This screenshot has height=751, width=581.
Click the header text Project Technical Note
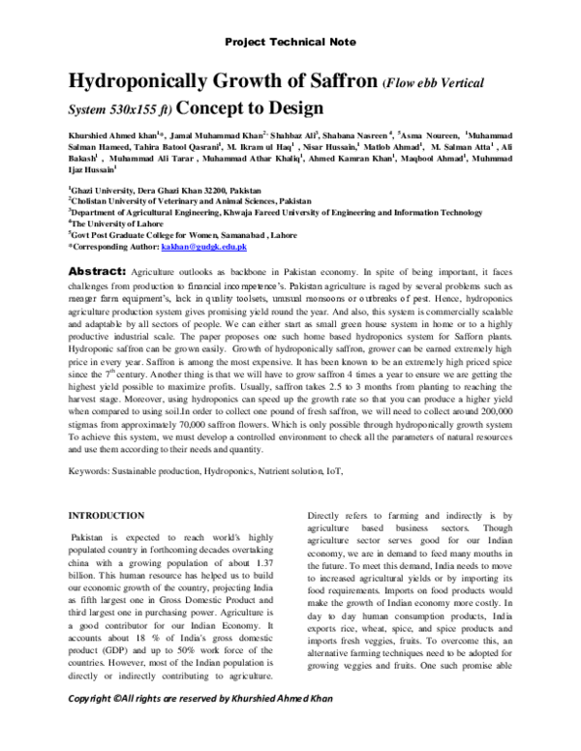coord(290,43)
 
